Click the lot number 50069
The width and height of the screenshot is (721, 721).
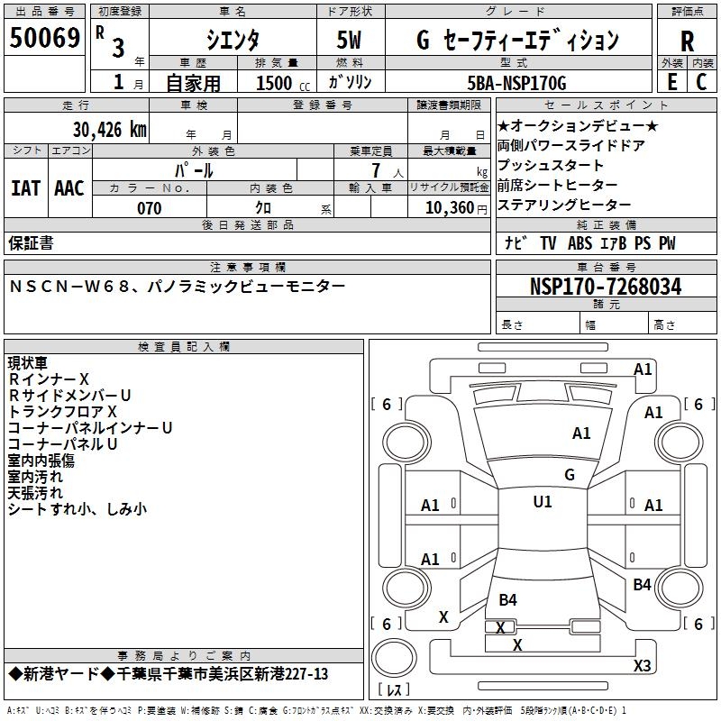point(45,39)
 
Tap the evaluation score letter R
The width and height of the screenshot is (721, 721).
point(687,41)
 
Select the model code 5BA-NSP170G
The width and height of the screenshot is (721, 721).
point(517,83)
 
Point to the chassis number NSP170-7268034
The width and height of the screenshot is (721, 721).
point(605,287)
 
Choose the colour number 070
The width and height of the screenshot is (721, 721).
point(149,208)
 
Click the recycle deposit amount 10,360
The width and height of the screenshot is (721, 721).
point(446,208)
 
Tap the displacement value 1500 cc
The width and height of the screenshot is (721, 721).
point(280,83)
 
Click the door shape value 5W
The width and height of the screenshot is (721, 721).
point(349,40)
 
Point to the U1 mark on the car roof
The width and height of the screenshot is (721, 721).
point(543,502)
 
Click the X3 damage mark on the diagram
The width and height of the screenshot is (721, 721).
point(642,665)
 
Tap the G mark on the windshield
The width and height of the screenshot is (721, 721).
point(569,474)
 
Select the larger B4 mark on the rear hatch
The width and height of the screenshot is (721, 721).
point(507,599)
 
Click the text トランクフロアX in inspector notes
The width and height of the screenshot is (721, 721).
point(63,411)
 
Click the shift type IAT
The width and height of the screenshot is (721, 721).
point(25,188)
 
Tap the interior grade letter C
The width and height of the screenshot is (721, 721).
point(701,82)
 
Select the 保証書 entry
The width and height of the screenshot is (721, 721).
point(31,242)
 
